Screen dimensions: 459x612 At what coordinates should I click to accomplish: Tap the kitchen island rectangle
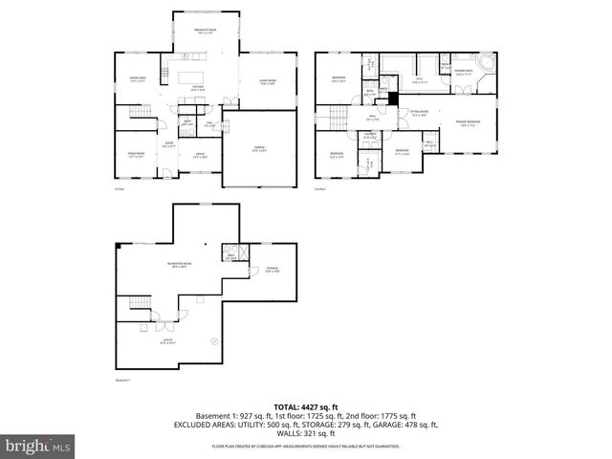coord(188,74)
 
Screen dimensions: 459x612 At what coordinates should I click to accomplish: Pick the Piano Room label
coord(137,154)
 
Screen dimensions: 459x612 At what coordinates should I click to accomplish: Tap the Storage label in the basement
coord(272,271)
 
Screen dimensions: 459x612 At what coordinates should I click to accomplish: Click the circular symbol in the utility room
coord(214,340)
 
